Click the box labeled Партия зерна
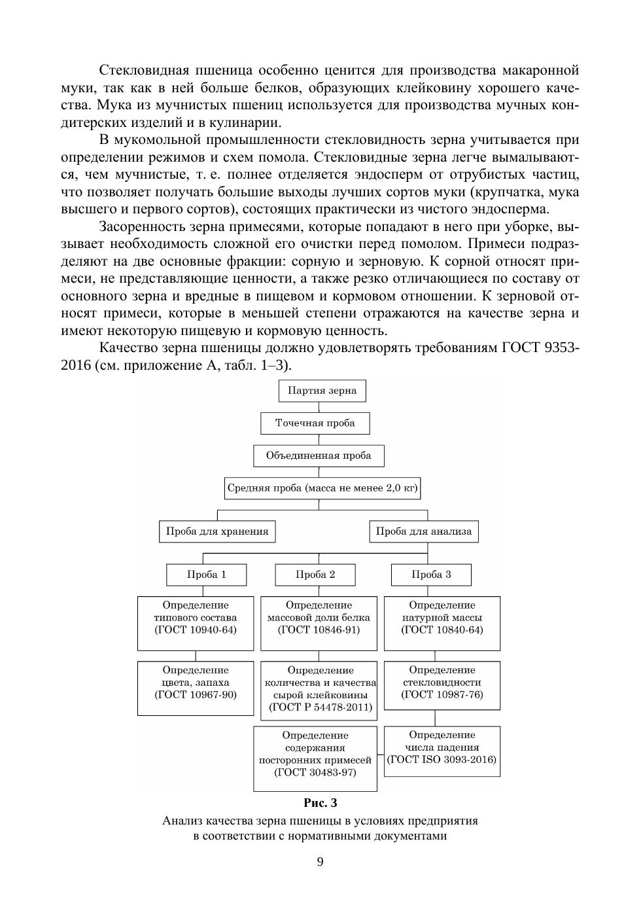(x=322, y=391)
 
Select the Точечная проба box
(x=315, y=423)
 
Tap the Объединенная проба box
(x=319, y=455)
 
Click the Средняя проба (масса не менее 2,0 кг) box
(x=322, y=488)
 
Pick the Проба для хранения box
(x=217, y=531)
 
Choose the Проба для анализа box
(x=423, y=531)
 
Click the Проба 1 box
(x=206, y=575)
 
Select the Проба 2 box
(x=315, y=575)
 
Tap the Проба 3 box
(x=431, y=575)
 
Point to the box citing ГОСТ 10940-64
(x=196, y=622)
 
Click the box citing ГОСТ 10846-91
(x=319, y=622)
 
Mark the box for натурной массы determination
(x=442, y=622)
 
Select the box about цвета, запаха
(x=196, y=688)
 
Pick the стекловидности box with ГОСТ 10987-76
(x=442, y=685)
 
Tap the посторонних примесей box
(x=315, y=758)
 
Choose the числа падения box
(x=442, y=751)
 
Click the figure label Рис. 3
(x=320, y=802)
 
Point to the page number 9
(x=320, y=861)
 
